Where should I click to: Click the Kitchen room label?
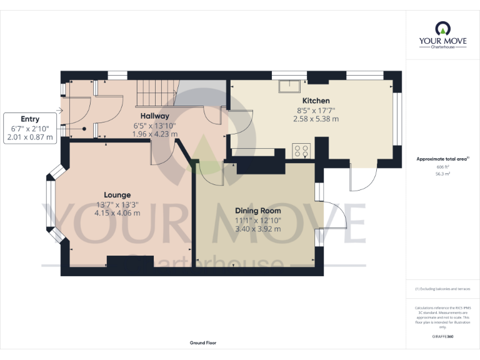[x=316, y=101]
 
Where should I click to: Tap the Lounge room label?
[x=117, y=195]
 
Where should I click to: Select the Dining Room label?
[x=257, y=211]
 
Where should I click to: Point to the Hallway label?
[x=154, y=116]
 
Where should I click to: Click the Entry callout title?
[x=30, y=119]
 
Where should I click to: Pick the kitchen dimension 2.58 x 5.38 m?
[x=317, y=119]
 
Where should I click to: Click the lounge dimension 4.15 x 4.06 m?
[x=117, y=213]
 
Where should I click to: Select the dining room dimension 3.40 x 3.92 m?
[x=257, y=229]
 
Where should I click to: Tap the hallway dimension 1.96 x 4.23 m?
[x=156, y=134]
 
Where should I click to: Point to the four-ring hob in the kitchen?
[x=302, y=150]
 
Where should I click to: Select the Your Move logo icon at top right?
[x=442, y=28]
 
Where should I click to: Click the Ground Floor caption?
[x=203, y=343]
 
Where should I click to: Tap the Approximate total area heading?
[x=442, y=159]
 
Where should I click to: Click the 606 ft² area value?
[x=442, y=167]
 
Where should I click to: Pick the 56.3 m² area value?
[x=442, y=174]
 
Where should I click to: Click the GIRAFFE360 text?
[x=442, y=337]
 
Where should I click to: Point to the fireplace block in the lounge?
[x=129, y=263]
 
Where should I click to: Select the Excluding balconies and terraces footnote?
[x=442, y=289]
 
